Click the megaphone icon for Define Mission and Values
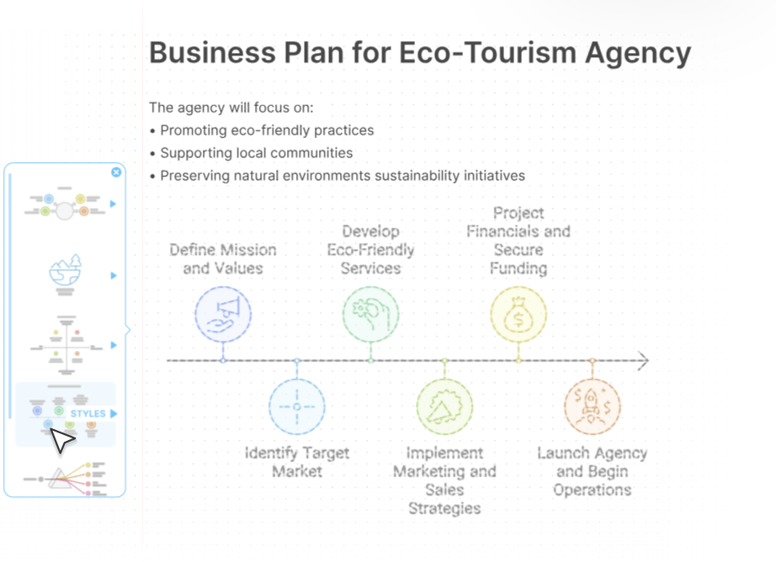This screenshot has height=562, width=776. pyautogui.click(x=223, y=314)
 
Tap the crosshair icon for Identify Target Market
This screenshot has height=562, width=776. pyautogui.click(x=297, y=406)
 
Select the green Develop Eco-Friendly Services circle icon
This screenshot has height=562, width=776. pyautogui.click(x=370, y=314)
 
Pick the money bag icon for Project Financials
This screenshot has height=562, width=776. pyautogui.click(x=518, y=314)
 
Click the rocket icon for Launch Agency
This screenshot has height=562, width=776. pyautogui.click(x=593, y=406)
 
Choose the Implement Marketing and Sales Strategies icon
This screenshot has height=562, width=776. pyautogui.click(x=444, y=406)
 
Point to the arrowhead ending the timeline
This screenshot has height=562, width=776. pyautogui.click(x=643, y=361)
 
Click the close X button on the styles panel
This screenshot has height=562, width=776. pyautogui.click(x=116, y=172)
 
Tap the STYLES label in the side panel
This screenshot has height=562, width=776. pyautogui.click(x=88, y=414)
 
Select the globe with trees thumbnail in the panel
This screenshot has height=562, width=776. pyautogui.click(x=66, y=274)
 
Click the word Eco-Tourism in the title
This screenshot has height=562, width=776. pyautogui.click(x=487, y=52)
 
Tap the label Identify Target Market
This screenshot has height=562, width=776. pyautogui.click(x=297, y=462)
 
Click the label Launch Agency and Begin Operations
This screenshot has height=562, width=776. pyautogui.click(x=593, y=471)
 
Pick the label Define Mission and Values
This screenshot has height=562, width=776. pyautogui.click(x=223, y=259)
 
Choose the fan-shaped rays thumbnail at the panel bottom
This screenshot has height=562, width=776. pyautogui.click(x=65, y=479)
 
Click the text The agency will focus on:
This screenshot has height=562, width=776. pyautogui.click(x=231, y=108)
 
